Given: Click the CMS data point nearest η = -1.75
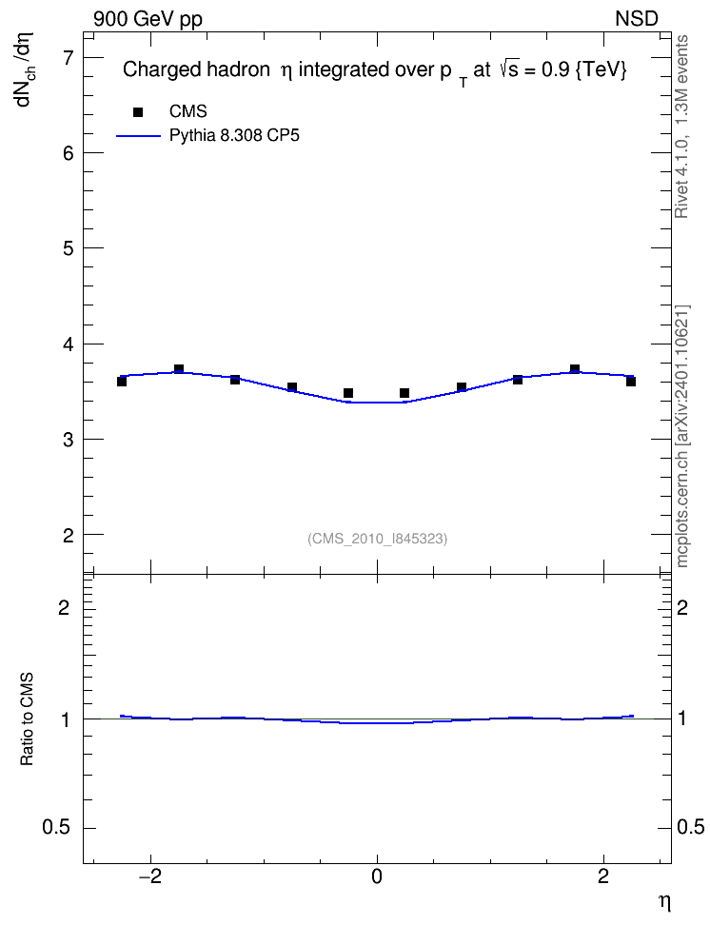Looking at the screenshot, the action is point(179,369).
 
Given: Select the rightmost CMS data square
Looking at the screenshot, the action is point(631,382).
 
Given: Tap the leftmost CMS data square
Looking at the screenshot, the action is point(122,382).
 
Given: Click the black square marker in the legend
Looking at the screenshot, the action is point(138,112).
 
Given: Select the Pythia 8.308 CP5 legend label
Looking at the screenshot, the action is point(234,136).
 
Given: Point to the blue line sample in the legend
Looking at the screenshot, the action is point(138,136).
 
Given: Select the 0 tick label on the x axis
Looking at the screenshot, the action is point(377,876).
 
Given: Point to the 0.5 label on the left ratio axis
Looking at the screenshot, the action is point(56,828).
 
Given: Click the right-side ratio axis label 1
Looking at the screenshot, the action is point(682,719).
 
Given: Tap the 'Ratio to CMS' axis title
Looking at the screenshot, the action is point(28,719).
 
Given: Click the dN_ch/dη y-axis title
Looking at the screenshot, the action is point(25,69).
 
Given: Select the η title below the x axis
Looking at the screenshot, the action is point(664,902).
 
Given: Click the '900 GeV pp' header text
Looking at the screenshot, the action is point(148,19).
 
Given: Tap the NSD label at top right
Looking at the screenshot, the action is point(636,19).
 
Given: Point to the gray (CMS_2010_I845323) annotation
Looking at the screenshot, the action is point(378,539).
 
